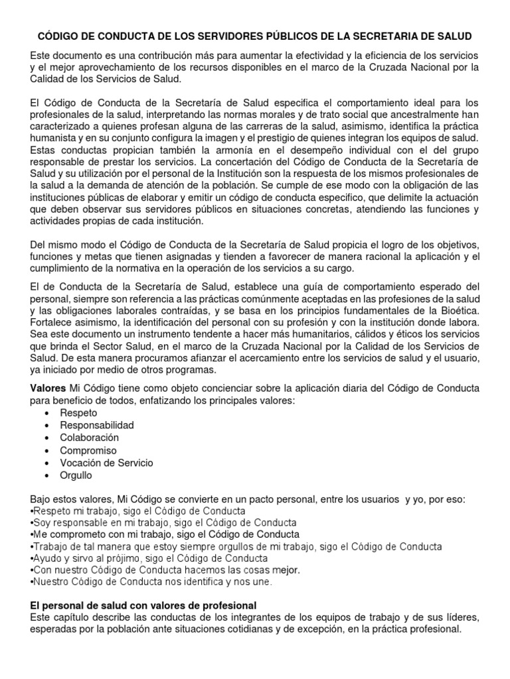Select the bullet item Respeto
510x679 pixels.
coord(77,412)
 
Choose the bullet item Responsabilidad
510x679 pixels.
coord(97,425)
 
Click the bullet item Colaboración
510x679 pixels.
coord(90,438)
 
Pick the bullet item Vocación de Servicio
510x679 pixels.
coord(106,463)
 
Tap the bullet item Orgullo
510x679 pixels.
coord(76,475)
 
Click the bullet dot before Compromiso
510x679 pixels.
coord(46,450)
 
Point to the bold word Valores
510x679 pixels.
coord(49,387)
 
